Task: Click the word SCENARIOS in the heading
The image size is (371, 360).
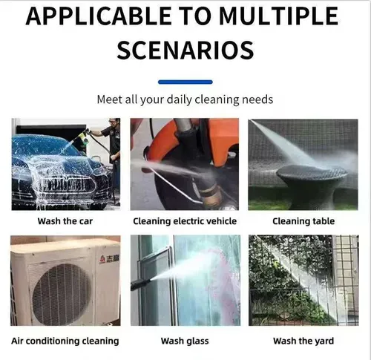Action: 185,50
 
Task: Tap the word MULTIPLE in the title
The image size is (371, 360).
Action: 279,16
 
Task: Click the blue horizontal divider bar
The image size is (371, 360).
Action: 185,82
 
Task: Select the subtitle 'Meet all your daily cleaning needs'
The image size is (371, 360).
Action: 185,99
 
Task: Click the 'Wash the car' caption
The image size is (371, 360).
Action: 65,221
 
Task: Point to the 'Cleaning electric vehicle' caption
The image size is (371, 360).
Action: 185,221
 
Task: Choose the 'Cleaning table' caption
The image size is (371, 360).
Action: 303,221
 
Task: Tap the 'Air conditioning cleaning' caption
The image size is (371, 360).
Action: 65,341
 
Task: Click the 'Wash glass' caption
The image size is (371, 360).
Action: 185,341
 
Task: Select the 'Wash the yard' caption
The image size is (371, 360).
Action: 303,341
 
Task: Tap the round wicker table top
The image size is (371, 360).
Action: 312,171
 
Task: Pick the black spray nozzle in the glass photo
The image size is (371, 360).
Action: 141,284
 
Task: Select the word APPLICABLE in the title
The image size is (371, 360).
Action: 99,16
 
